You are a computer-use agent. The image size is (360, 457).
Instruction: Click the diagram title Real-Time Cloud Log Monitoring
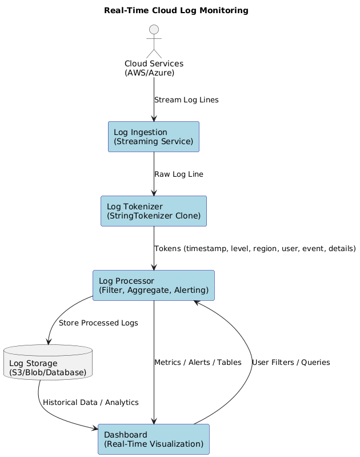(x=176, y=10)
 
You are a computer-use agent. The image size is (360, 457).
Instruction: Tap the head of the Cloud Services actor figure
(x=154, y=30)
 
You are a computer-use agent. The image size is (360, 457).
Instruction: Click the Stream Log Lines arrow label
(x=186, y=100)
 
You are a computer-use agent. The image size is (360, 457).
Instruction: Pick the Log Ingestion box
(x=154, y=137)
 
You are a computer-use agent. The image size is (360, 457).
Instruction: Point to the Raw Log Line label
(x=178, y=174)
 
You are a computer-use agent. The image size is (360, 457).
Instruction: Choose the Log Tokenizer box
(x=154, y=211)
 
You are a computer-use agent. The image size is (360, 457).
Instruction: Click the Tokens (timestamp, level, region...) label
(x=255, y=249)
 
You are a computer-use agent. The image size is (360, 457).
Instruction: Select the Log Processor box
(x=154, y=285)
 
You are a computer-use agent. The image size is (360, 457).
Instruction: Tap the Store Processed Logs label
(x=98, y=323)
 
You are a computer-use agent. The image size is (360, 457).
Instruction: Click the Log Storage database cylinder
(x=48, y=363)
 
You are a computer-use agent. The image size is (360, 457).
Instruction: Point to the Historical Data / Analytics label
(x=90, y=403)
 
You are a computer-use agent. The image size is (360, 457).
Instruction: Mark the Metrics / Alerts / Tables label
(x=198, y=363)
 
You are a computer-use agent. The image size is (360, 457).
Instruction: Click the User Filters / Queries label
(x=290, y=363)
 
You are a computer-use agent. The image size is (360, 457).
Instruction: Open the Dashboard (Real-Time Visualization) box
(x=154, y=439)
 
